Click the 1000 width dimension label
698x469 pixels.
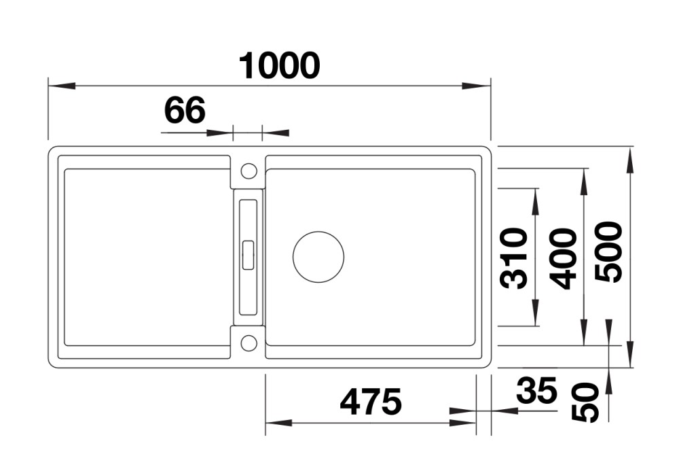point(280,66)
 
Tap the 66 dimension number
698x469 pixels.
point(185,110)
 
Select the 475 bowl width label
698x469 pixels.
point(370,401)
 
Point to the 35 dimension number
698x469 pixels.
point(536,390)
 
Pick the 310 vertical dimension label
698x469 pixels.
point(513,258)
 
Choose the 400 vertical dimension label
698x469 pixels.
point(563,259)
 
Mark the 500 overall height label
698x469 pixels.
point(608,252)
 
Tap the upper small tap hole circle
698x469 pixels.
point(249,171)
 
